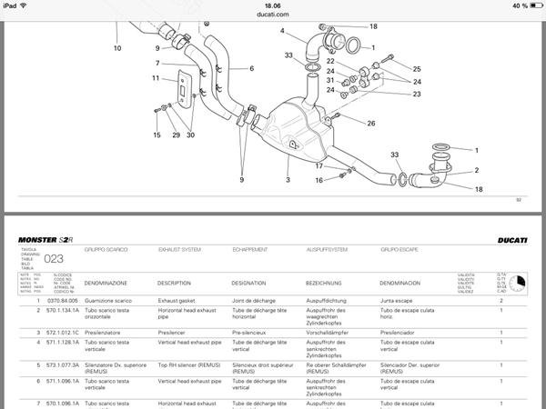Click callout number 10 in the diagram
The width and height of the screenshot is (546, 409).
tap(117, 46)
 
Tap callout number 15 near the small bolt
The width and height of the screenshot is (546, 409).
tap(156, 135)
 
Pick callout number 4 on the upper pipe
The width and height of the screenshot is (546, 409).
tap(283, 32)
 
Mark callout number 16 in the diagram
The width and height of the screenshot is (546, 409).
tap(319, 180)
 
